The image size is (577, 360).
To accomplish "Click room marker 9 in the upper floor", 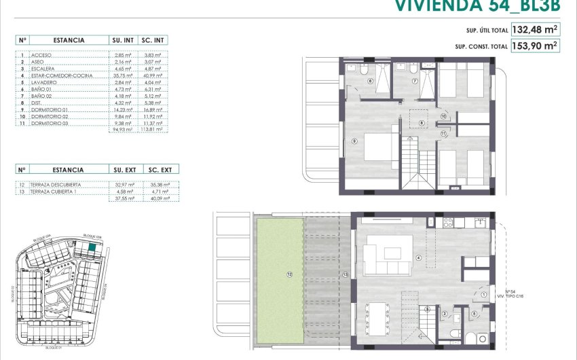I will (x=354, y=141).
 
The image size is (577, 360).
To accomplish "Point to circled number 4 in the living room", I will (x=419, y=257).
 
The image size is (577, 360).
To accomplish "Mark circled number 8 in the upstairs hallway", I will (x=422, y=123).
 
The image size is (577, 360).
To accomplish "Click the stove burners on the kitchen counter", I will (x=448, y=221).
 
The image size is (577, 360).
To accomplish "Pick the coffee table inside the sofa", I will (x=393, y=253).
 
